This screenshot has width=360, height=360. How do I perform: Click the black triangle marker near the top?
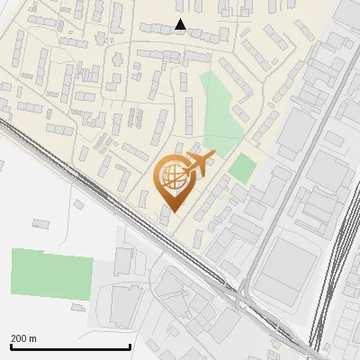tap(180, 24)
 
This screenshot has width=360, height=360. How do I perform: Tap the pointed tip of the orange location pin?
tap(170, 211)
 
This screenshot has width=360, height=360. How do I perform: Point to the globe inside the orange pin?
tap(170, 175)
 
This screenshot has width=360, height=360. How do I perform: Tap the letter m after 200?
tap(33, 338)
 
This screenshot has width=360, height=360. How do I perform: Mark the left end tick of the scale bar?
tap(11, 346)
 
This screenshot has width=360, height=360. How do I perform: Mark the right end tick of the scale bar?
tap(130, 346)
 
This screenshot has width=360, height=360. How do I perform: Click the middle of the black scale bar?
tap(70, 347)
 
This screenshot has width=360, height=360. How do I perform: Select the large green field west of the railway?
tap(52, 274)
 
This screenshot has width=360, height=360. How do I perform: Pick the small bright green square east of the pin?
tap(240, 168)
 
